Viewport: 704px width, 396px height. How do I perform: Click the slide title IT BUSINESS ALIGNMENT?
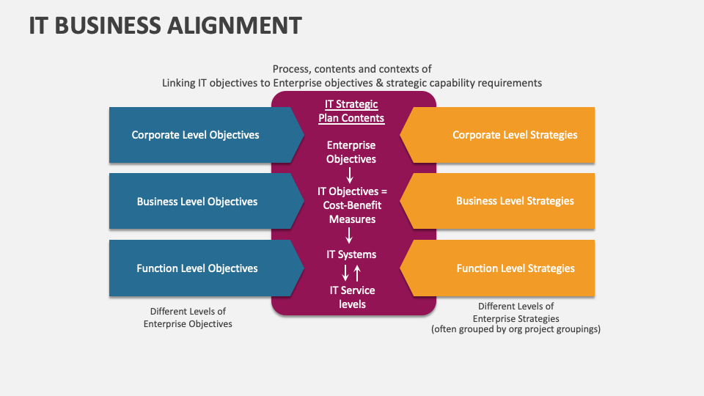point(165,25)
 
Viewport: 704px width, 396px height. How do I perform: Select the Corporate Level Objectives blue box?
point(195,135)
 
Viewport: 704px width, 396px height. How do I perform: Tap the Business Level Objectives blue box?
point(197,202)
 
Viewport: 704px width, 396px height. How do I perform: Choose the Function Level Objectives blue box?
point(197,268)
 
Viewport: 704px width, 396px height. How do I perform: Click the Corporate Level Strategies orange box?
point(514,135)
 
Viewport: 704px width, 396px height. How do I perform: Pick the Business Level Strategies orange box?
point(514,201)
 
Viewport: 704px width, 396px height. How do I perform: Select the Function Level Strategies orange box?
point(515,268)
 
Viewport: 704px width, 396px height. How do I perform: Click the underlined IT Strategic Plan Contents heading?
point(351,111)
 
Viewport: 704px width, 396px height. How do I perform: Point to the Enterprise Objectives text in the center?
point(351,153)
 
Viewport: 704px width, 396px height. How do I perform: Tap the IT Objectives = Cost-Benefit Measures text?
point(352,205)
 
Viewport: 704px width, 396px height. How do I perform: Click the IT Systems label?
point(351,254)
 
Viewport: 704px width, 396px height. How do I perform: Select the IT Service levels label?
point(352,298)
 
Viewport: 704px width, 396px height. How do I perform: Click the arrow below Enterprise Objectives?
point(350,175)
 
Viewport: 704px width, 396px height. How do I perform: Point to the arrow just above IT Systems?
point(350,235)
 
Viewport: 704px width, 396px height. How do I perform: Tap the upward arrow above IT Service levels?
point(357,274)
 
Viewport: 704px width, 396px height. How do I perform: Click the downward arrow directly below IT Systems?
point(345,274)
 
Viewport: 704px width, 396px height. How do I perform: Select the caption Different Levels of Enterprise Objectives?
point(188,318)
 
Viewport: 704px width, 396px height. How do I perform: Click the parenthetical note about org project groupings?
point(516,329)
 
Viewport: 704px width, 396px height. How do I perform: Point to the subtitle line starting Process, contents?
point(352,69)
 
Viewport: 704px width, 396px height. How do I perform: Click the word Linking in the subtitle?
point(179,83)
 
